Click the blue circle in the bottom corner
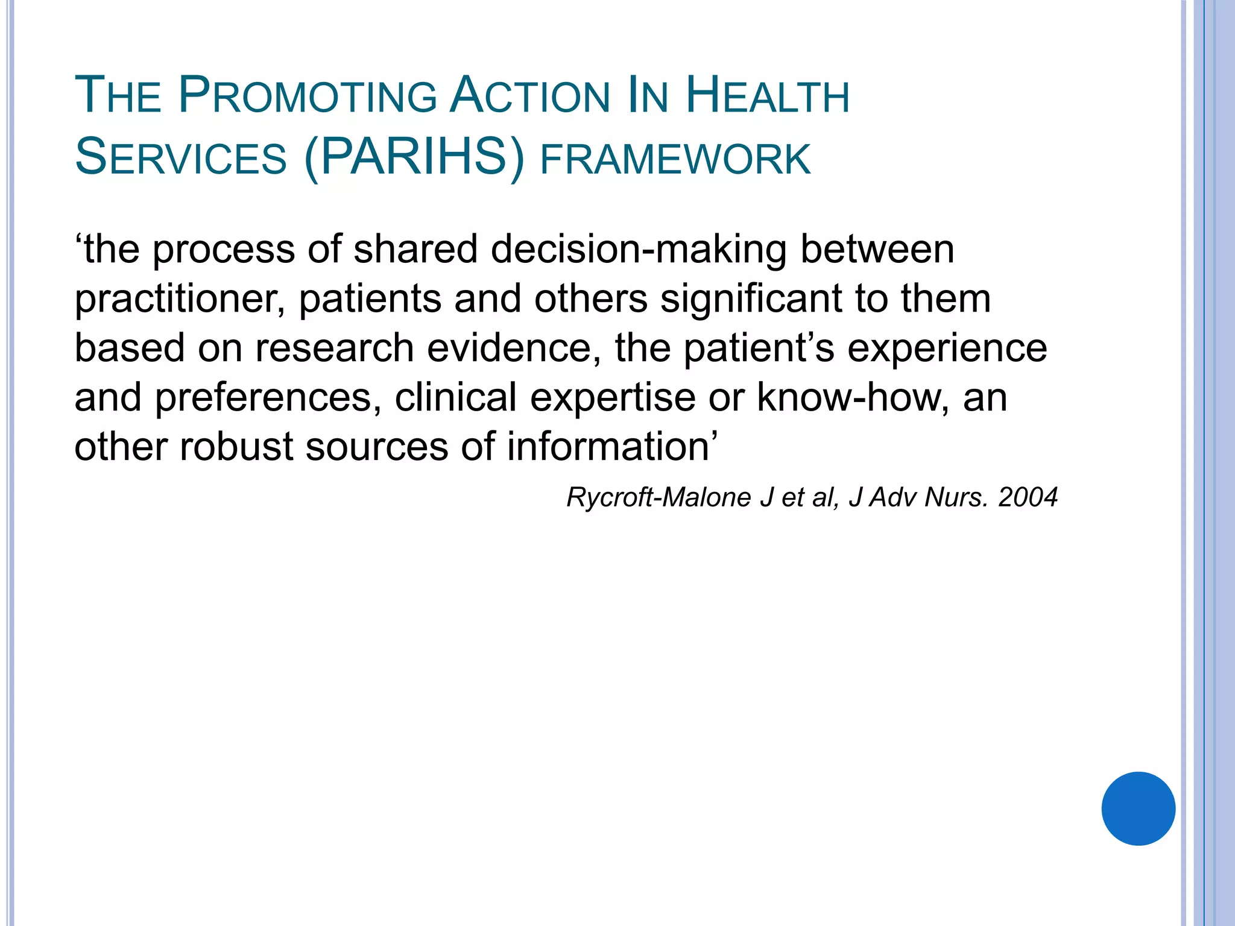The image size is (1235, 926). coord(1138,808)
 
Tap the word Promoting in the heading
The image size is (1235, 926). coord(308,96)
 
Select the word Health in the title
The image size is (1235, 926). coord(768,96)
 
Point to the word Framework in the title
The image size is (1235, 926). coord(675,159)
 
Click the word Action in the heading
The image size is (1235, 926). coord(530,96)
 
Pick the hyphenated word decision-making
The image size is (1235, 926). coord(639,250)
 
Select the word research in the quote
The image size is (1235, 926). coord(335,348)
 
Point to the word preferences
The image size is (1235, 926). coord(268,398)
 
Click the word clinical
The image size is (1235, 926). coord(456,398)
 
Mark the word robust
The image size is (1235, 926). coord(236,447)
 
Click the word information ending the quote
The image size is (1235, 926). coord(608,447)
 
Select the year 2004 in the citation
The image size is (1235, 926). coord(1028,497)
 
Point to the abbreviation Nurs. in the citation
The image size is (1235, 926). coord(956,497)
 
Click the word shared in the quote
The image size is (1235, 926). coord(415,250)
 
